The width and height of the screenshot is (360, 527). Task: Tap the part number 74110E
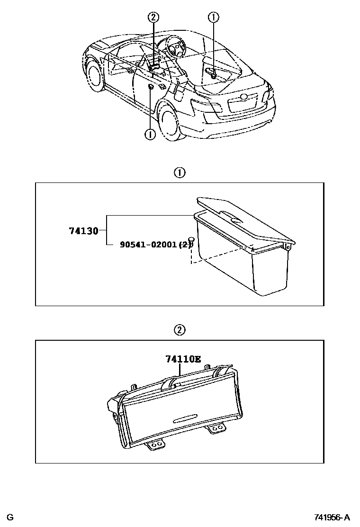[x=182, y=359]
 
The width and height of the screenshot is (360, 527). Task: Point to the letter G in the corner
[x=10, y=516]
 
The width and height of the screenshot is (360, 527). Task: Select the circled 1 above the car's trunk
[x=214, y=18]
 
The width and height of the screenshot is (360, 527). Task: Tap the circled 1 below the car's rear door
[x=150, y=135]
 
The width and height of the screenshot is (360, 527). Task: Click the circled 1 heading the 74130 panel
[x=180, y=173]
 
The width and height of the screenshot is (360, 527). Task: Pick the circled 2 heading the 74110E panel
[x=180, y=330]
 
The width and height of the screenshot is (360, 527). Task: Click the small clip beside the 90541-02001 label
[x=191, y=240]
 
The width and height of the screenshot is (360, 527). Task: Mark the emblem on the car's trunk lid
[x=244, y=97]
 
